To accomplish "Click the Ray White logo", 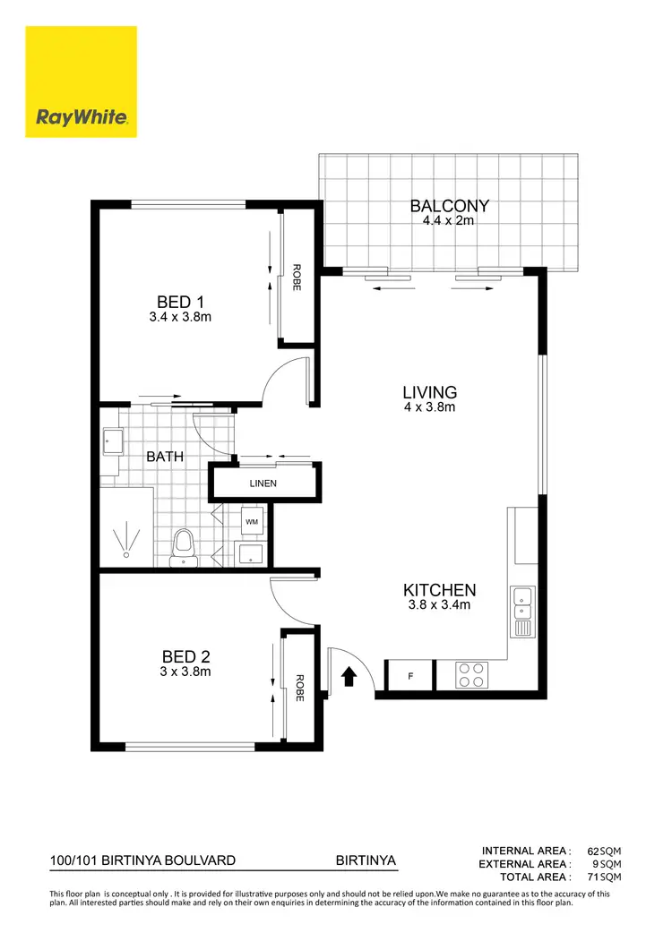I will [x=81, y=81].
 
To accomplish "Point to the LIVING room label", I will [x=429, y=392].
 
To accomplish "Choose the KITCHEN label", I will [x=438, y=590].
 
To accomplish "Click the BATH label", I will [x=165, y=456].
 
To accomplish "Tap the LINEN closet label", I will [x=263, y=484].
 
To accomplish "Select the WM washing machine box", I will [x=251, y=520].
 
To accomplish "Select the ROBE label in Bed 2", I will [x=299, y=687].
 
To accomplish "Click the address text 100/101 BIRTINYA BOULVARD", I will [x=143, y=860].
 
